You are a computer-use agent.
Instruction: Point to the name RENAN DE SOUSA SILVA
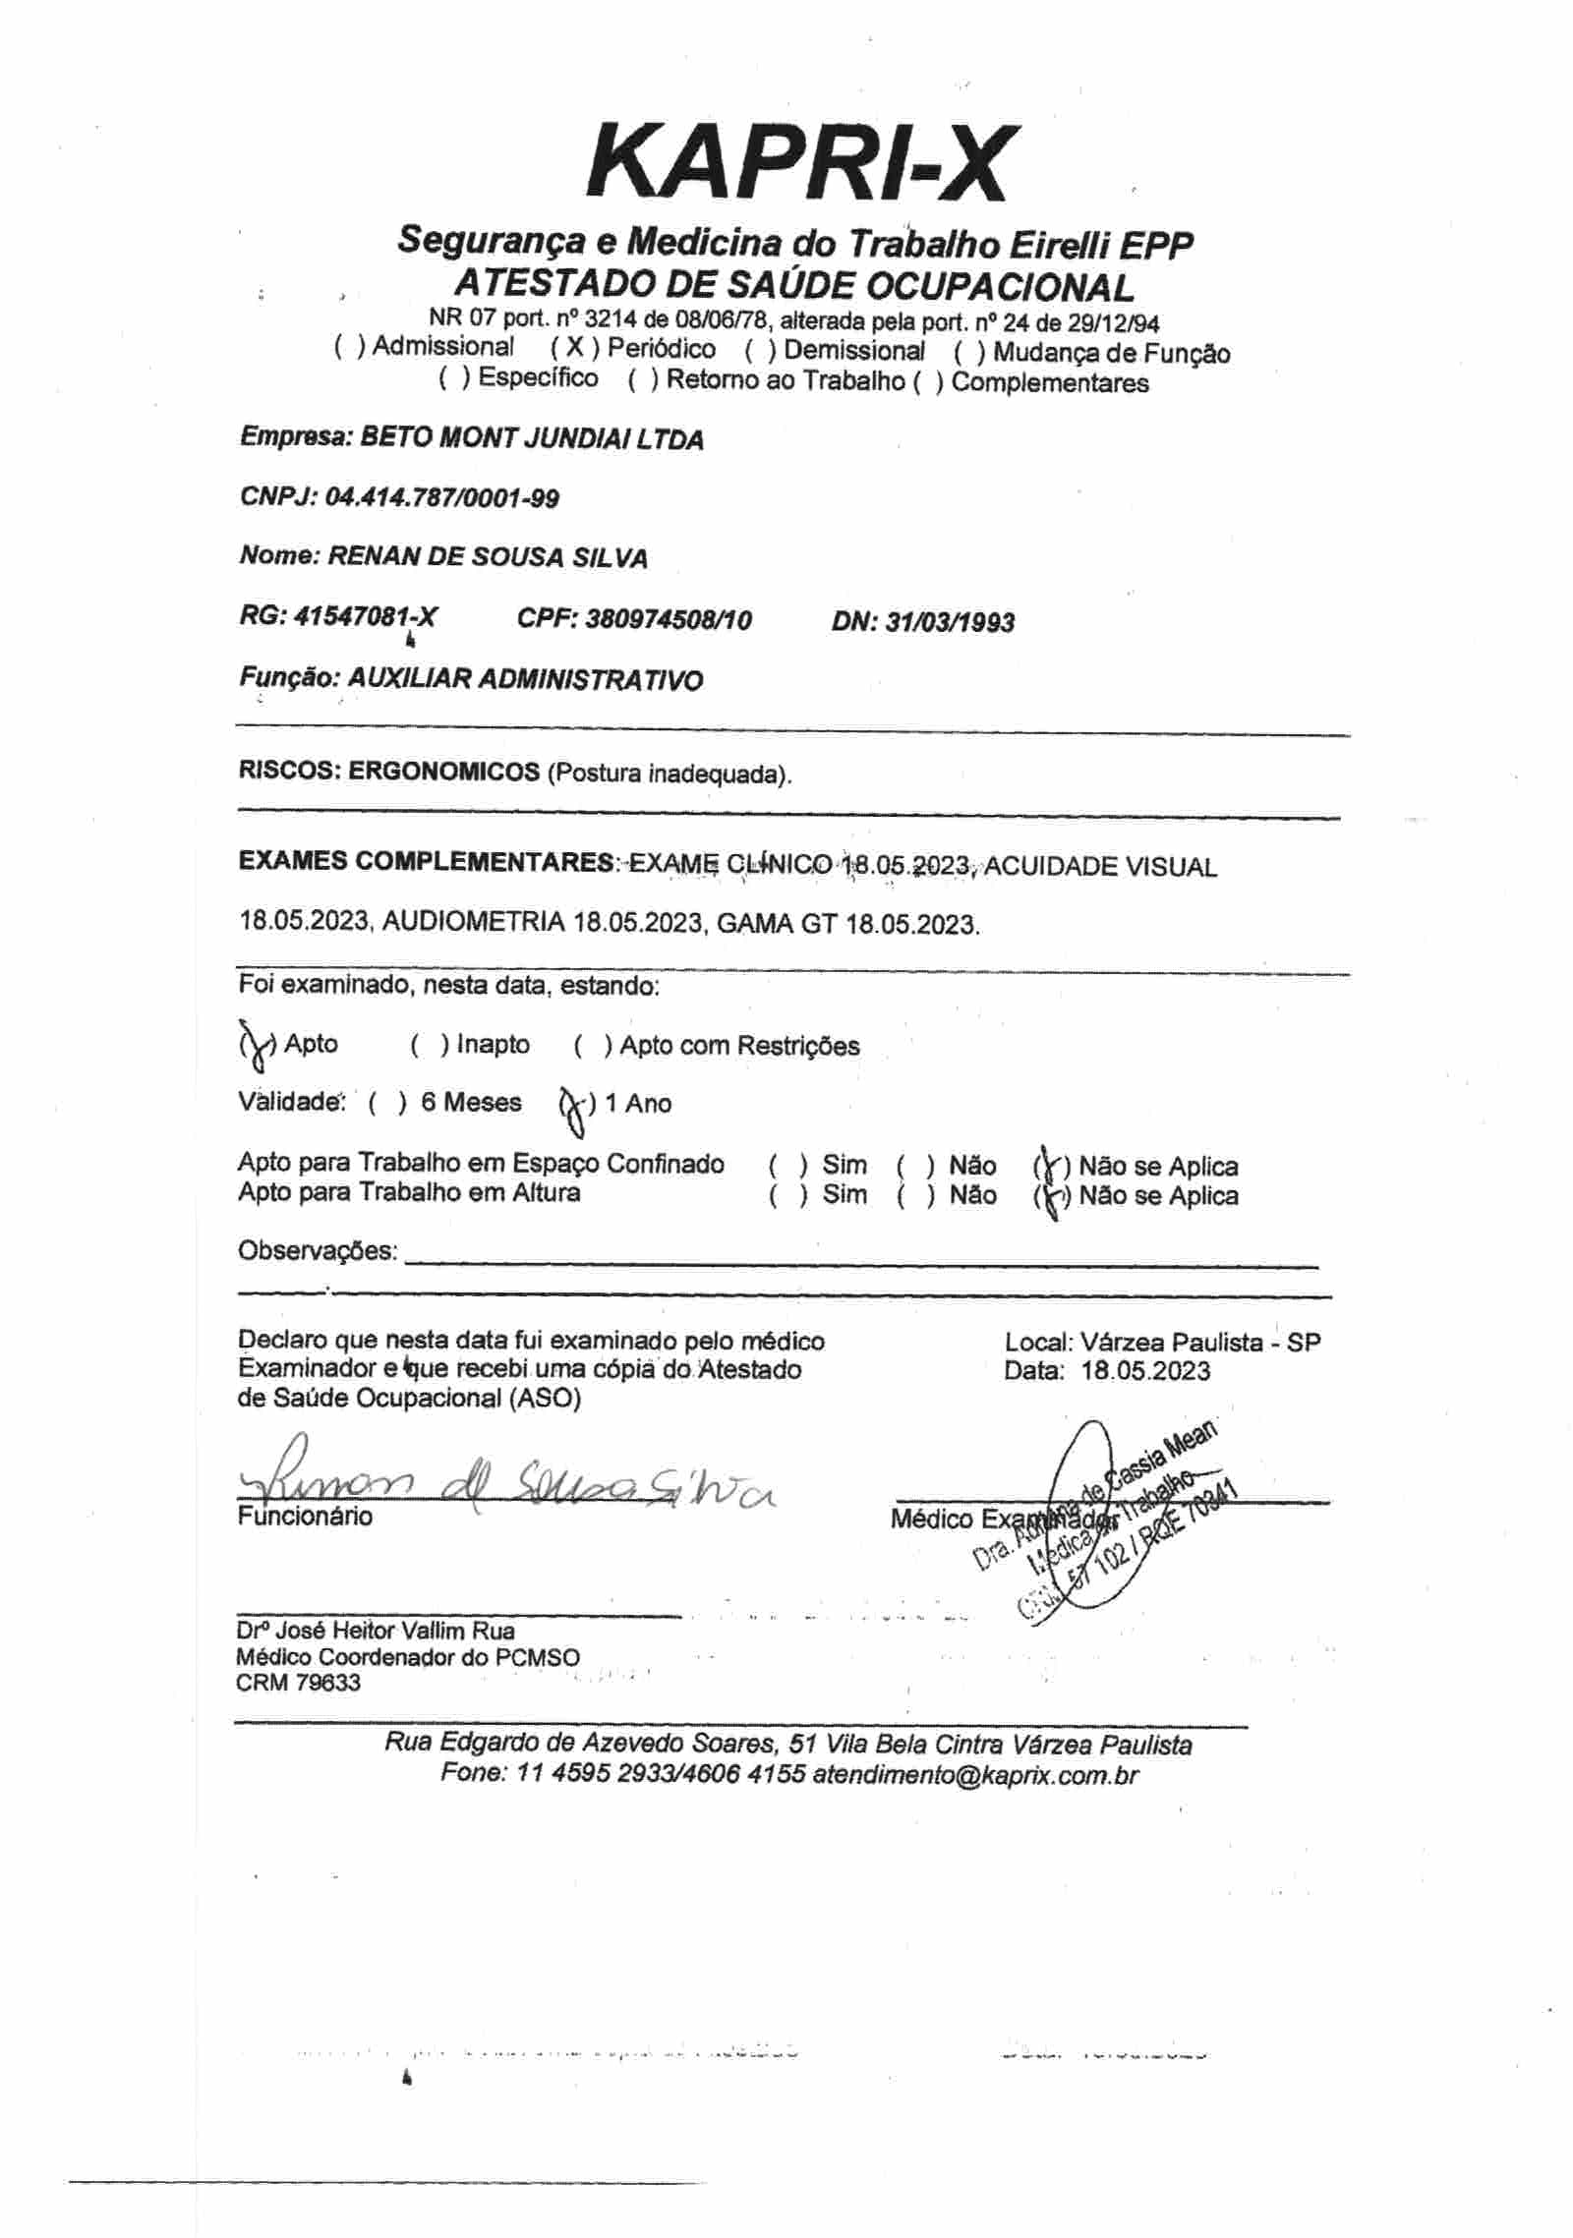(487, 558)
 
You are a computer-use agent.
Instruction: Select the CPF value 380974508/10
(668, 619)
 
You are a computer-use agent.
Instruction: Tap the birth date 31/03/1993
(950, 622)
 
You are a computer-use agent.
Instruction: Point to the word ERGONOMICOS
(443, 772)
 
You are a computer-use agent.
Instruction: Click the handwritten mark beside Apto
(258, 1046)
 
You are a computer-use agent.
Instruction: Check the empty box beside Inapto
(430, 1046)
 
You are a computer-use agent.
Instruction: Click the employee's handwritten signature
(501, 1489)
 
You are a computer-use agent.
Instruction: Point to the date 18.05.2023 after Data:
(1145, 1371)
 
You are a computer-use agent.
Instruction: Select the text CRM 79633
(298, 1683)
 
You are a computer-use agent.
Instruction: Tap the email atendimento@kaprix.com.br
(975, 1775)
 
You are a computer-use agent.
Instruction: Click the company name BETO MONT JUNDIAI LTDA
(532, 438)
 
